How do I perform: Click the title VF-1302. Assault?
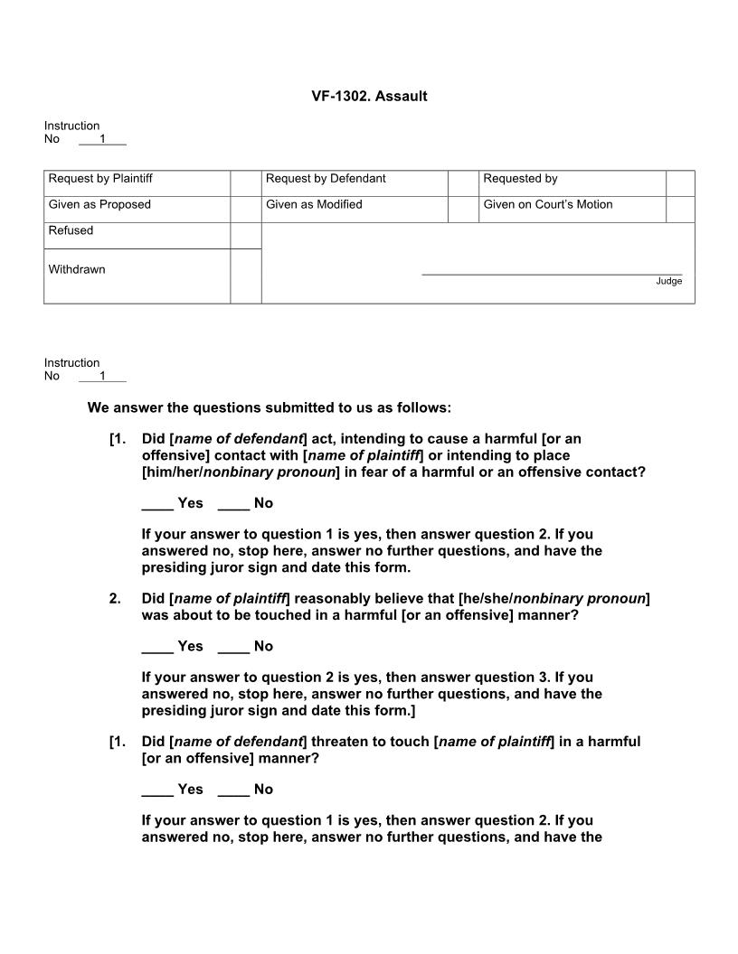pyautogui.click(x=369, y=96)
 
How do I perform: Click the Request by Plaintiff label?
pyautogui.click(x=100, y=179)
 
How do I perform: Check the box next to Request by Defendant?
pyautogui.click(x=462, y=183)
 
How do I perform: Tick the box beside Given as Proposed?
pyautogui.click(x=245, y=210)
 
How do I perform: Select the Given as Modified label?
pyautogui.click(x=314, y=205)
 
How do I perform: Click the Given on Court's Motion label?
pyautogui.click(x=547, y=205)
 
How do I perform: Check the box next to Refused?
pyautogui.click(x=245, y=236)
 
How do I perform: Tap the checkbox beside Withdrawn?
pyautogui.click(x=245, y=276)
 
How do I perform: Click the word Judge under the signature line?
pyautogui.click(x=669, y=282)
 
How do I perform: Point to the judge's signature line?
pyautogui.click(x=552, y=273)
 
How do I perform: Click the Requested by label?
pyautogui.click(x=520, y=179)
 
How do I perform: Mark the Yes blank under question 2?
pyautogui.click(x=157, y=647)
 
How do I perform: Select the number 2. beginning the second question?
pyautogui.click(x=115, y=599)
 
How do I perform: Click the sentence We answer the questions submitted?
pyautogui.click(x=269, y=408)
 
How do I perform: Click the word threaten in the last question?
pyautogui.click(x=341, y=742)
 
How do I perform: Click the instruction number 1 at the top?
pyautogui.click(x=102, y=139)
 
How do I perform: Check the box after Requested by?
pyautogui.click(x=680, y=183)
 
